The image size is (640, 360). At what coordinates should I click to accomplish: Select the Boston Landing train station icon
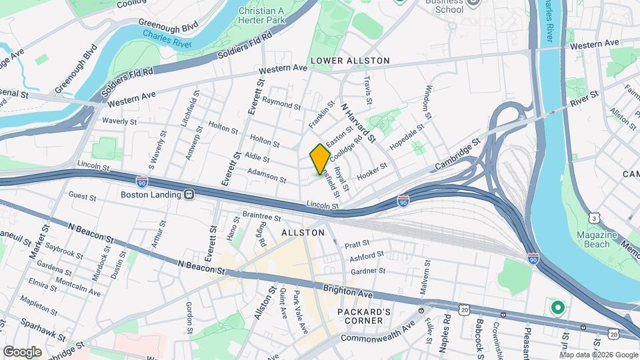189,195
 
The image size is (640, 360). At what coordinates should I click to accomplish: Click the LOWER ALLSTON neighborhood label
349,61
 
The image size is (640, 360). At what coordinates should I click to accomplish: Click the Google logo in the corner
22,351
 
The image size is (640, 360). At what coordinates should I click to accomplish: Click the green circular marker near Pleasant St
557,309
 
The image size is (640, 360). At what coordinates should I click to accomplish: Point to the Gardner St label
368,271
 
